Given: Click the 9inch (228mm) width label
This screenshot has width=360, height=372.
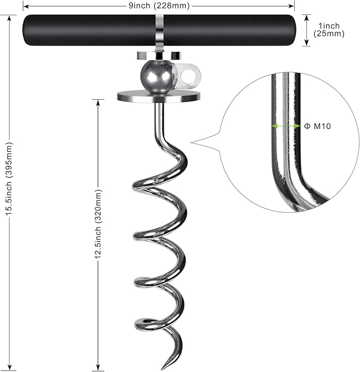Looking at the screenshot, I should pos(159,6).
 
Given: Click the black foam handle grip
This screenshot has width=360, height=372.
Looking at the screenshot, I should pos(90,30).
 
